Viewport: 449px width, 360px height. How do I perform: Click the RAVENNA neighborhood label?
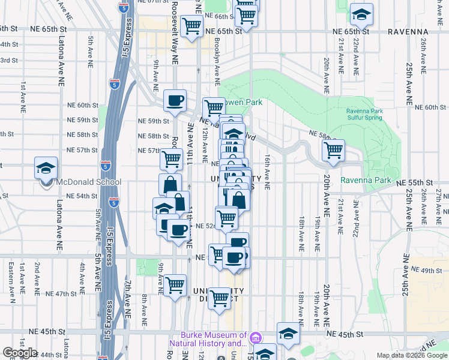[x=408, y=31]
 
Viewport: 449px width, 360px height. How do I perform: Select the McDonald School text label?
[x=88, y=182]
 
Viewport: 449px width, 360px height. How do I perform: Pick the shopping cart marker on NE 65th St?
[x=191, y=26]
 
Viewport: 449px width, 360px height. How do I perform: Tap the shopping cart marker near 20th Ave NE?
[x=333, y=150]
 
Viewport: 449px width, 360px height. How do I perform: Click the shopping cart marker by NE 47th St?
[x=175, y=285]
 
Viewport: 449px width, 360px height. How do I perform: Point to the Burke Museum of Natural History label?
[x=214, y=340]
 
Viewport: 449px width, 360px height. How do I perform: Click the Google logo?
[x=19, y=353]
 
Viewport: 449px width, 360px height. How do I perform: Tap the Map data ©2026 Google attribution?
[x=412, y=355]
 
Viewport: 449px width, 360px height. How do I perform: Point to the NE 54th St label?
[x=82, y=196]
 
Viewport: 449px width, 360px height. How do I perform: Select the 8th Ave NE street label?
[x=145, y=310]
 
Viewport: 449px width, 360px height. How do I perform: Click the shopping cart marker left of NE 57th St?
[x=171, y=158]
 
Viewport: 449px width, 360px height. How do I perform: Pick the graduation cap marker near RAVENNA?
[x=361, y=14]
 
